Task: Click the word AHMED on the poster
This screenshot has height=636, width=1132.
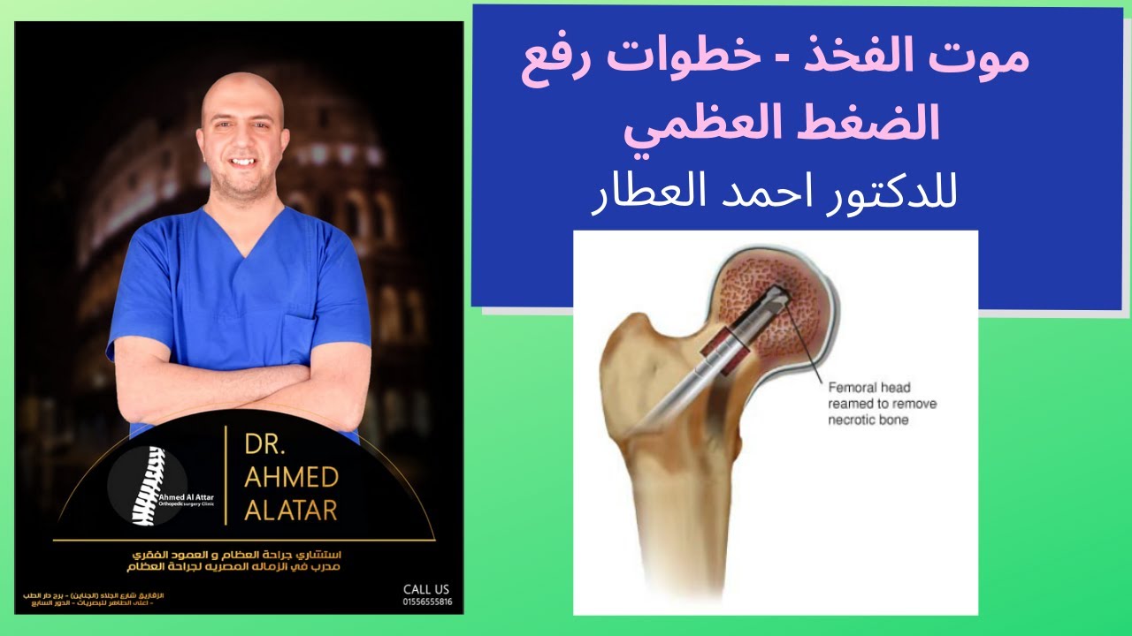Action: [x=291, y=478]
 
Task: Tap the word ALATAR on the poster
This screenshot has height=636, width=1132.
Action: [x=291, y=510]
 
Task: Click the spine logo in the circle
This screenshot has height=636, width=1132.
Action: [x=147, y=486]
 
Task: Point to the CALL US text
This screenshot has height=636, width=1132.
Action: [x=426, y=589]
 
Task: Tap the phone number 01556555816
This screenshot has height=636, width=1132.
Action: [x=427, y=602]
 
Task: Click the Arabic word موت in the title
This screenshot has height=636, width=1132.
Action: [x=986, y=60]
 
